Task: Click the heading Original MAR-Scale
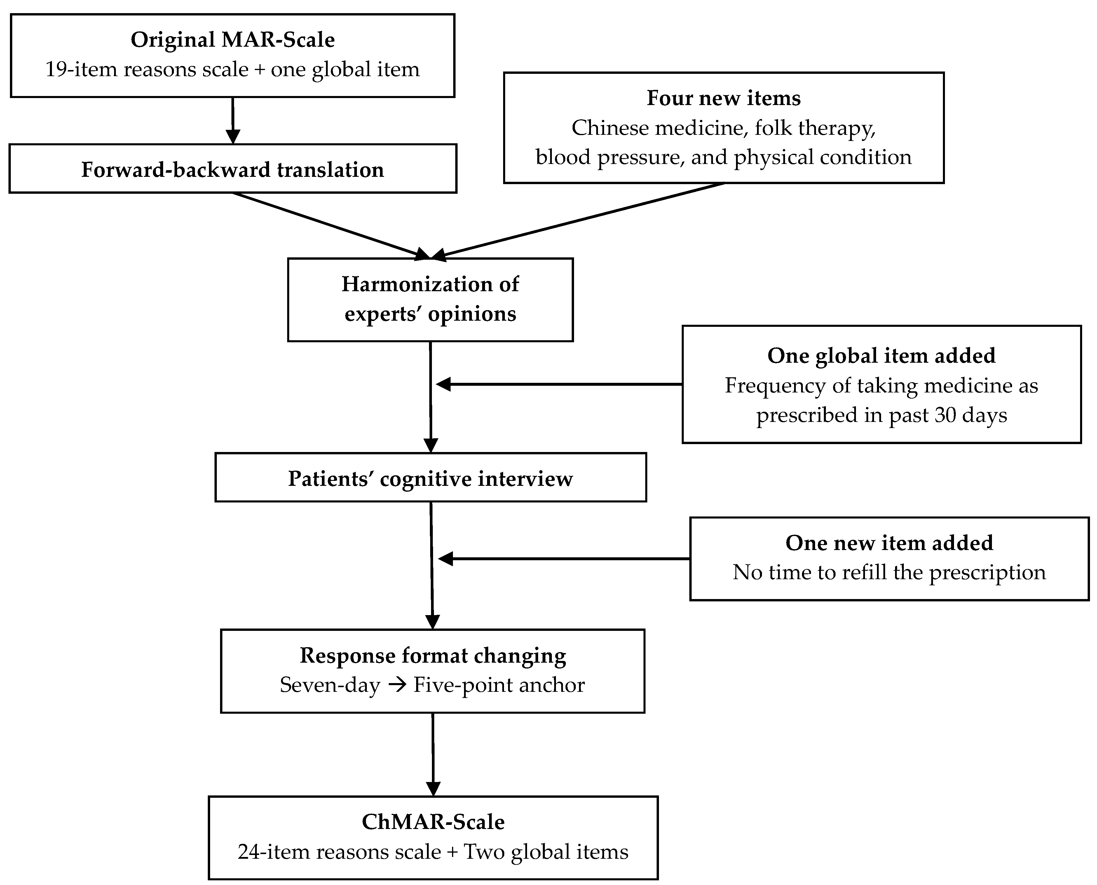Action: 233,40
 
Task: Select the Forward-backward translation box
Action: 233,169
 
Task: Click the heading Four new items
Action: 723,98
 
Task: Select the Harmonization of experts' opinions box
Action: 430,299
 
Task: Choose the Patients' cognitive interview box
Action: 430,478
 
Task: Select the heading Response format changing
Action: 432,656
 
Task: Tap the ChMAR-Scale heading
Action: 433,822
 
